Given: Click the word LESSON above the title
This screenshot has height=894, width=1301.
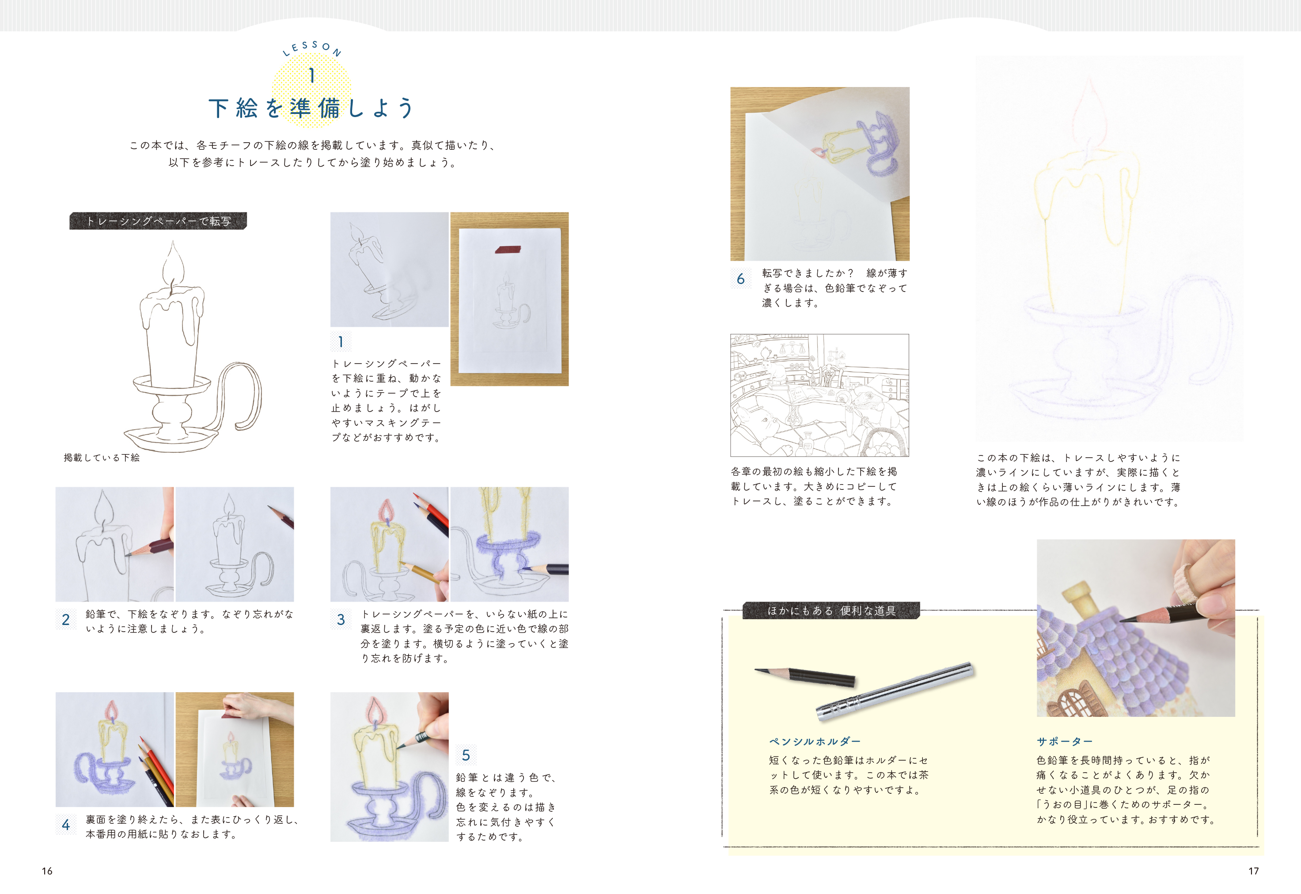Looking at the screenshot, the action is [312, 48].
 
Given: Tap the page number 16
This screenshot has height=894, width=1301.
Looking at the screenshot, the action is [47, 871].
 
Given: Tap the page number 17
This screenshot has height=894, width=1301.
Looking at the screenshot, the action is [1254, 871].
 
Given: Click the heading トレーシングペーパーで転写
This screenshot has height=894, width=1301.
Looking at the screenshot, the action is [159, 221].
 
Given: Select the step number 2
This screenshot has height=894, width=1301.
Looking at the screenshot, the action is [65, 620].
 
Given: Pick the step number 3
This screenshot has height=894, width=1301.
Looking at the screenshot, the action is [341, 620].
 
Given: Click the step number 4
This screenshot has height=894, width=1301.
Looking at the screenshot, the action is [65, 825].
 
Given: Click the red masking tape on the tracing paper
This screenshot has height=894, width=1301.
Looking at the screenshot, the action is [508, 249].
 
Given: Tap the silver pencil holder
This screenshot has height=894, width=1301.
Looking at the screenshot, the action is [895, 691].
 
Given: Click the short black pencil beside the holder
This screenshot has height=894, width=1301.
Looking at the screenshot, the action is [804, 677].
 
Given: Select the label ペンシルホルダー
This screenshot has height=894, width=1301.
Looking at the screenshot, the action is [815, 742].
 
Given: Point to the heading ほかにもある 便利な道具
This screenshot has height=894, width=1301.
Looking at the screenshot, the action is [831, 610].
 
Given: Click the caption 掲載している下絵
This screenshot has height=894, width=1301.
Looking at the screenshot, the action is [102, 458].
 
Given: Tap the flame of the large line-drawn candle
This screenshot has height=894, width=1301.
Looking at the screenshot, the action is [173, 266].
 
